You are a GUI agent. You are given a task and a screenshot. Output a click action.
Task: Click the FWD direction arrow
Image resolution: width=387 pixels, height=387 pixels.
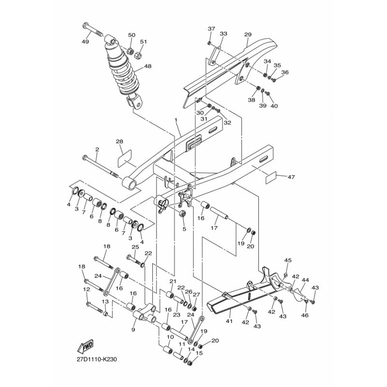coord(86,345)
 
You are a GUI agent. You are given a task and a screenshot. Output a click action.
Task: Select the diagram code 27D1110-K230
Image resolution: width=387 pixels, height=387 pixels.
coord(97,359)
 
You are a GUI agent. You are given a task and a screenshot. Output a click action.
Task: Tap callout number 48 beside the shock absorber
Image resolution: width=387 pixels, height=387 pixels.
coord(148,66)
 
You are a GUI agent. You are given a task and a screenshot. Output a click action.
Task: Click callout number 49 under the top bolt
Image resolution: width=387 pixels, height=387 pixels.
coord(85,42)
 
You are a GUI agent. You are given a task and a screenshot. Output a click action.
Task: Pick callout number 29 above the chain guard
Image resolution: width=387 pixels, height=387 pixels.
coord(248,34)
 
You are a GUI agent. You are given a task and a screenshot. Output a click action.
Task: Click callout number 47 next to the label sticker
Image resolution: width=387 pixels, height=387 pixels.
coord(291,177)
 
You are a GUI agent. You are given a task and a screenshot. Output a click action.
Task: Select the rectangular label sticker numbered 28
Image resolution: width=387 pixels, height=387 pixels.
coord(124,159)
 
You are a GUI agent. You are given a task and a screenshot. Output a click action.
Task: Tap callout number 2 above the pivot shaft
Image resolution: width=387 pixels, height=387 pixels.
coord(97,149)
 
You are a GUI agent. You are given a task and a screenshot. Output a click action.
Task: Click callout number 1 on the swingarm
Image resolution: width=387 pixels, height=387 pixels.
coord(176,119)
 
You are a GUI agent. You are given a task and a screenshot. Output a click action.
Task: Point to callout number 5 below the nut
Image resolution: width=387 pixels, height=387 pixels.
coord(184,229)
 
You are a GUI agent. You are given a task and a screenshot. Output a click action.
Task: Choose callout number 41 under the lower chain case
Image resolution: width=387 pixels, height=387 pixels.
coord(229,321)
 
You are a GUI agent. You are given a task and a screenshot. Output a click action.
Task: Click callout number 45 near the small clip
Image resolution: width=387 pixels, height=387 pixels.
coord(288,260)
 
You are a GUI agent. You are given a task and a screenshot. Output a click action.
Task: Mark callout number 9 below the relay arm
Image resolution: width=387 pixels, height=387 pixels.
coord(134,329)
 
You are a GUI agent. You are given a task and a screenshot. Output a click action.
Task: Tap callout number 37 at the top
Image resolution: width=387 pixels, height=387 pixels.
coord(211,29)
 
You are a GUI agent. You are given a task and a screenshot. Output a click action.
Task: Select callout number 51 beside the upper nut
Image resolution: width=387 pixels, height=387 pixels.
coord(143,42)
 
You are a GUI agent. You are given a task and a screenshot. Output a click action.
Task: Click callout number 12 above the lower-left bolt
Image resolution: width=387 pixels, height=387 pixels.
coord(87,289)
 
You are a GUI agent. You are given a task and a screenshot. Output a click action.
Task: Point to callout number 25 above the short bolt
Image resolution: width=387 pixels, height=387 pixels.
coord(135,247)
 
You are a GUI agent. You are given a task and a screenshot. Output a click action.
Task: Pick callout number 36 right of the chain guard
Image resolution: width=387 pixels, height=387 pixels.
coord(285,72)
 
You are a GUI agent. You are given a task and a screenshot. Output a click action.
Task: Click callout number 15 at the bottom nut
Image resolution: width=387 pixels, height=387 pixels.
coord(199,353)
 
